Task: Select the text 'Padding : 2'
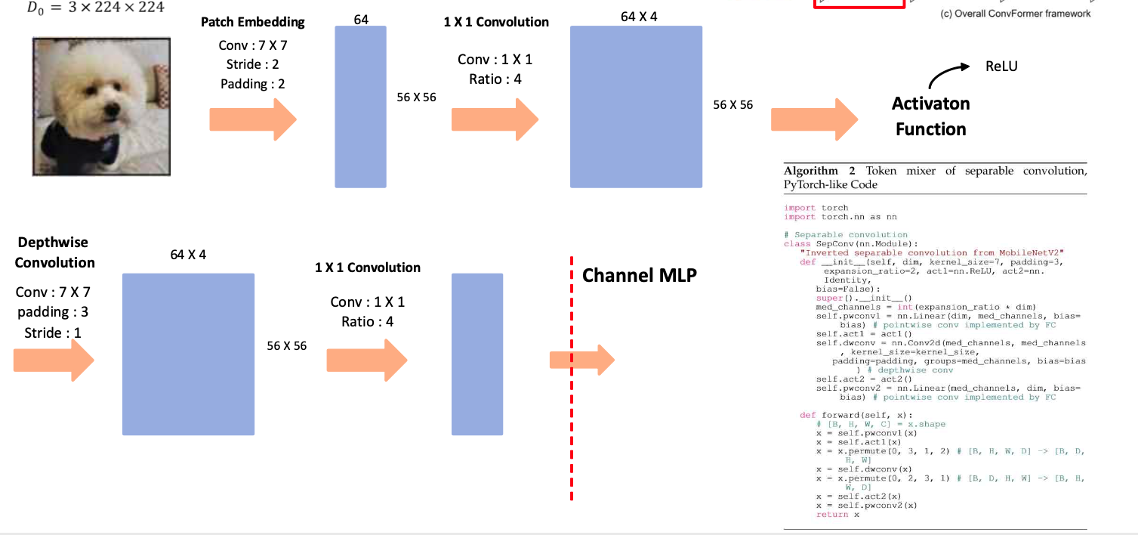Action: (253, 84)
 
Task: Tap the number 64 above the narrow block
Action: (361, 19)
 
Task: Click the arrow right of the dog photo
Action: (252, 119)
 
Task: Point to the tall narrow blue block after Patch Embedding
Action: (361, 107)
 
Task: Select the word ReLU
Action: (1001, 66)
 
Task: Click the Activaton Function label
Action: (930, 116)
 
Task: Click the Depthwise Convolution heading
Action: (54, 252)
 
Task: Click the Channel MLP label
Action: (639, 276)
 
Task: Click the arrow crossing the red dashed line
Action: (582, 360)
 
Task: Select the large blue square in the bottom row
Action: (188, 354)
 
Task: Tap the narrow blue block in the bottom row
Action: (477, 354)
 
